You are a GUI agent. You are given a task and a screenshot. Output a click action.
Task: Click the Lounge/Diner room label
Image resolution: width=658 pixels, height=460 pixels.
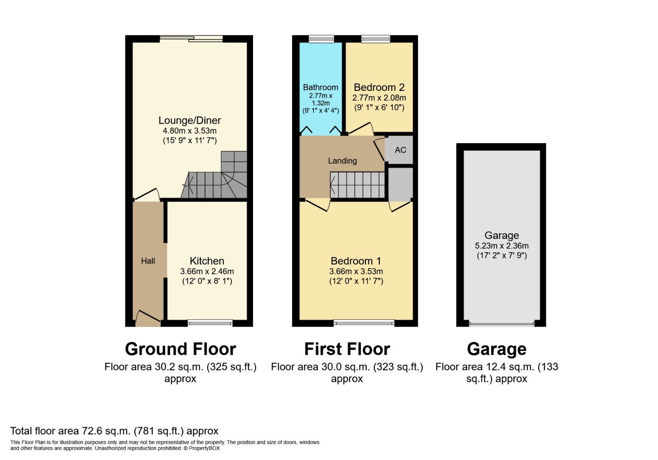189,120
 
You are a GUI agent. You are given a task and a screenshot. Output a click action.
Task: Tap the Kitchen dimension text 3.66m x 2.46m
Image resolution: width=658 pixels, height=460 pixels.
207,271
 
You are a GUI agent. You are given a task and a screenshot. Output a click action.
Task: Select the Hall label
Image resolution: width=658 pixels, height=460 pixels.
148,261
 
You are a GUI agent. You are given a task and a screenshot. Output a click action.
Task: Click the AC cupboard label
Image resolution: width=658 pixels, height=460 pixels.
400,150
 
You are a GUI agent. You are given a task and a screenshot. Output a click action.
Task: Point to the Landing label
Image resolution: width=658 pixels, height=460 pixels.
342,161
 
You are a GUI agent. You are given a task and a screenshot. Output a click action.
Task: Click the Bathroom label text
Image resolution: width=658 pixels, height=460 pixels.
320,87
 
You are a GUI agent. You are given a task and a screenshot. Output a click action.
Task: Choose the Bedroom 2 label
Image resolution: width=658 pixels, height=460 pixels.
379,87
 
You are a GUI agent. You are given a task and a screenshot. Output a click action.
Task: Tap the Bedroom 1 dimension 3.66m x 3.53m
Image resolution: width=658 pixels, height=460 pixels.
356,271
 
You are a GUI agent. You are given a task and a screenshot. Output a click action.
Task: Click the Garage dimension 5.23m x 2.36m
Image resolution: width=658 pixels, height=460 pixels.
502,246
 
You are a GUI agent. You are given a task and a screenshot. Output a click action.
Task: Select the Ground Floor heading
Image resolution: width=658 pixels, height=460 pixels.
180,349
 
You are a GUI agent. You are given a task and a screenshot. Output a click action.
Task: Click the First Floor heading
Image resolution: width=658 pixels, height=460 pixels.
347,349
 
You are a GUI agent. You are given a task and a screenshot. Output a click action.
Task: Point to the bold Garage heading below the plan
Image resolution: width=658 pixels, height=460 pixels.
496,349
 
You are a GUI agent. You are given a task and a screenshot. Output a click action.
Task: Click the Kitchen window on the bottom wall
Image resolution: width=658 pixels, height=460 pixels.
210,323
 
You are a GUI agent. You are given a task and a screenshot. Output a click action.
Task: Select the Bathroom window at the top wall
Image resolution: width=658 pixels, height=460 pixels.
321,39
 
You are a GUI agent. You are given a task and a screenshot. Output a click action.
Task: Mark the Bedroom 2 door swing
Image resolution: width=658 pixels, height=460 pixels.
361,129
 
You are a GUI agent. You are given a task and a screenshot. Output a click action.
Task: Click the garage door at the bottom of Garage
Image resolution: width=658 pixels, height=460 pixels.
501,324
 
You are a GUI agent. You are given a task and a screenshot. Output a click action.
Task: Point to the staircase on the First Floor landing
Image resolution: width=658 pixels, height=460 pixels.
357,185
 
